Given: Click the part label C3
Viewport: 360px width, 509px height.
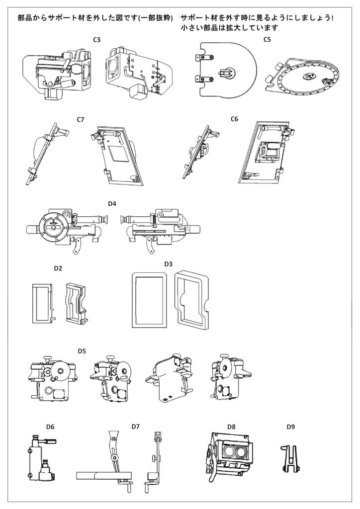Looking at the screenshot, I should pos(97,39).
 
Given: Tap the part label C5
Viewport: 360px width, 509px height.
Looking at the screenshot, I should pos(267,39).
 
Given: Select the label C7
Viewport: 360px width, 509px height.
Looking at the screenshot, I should pos(81,119).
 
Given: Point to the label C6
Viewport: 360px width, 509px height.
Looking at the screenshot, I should pos(235,119).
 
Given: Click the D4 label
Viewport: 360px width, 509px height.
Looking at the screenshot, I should pos(112,204).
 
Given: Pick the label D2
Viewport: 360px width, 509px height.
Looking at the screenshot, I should pos(58,268).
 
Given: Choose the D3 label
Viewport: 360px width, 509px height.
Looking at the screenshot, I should pos(168,263).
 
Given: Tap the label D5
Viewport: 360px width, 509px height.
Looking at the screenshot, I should pos(82,351).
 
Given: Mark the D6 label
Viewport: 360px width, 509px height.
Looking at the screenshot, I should pos(50,426).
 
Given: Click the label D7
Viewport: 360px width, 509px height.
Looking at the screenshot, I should pos(135,426).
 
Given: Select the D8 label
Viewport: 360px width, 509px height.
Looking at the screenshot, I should pos(231,426).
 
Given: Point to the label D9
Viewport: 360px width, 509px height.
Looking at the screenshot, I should pos(290,426).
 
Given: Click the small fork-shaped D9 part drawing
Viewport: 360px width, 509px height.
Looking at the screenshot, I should pos(289,458).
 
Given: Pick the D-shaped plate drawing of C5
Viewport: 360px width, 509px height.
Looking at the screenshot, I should pos(226,70).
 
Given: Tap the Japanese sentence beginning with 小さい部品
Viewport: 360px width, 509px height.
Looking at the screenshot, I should pos(229,28).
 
